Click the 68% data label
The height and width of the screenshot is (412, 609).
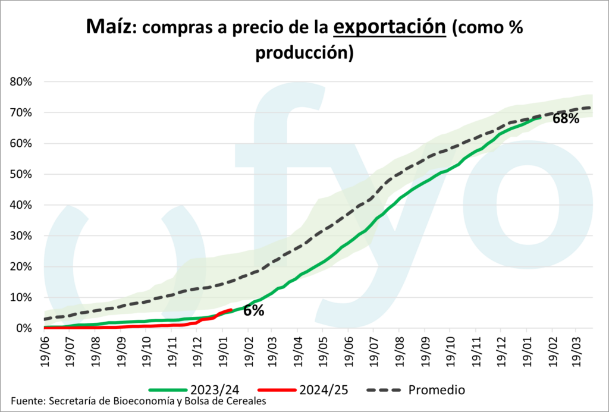[x=566, y=118]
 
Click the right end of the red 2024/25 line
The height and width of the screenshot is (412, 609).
[x=231, y=310]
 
